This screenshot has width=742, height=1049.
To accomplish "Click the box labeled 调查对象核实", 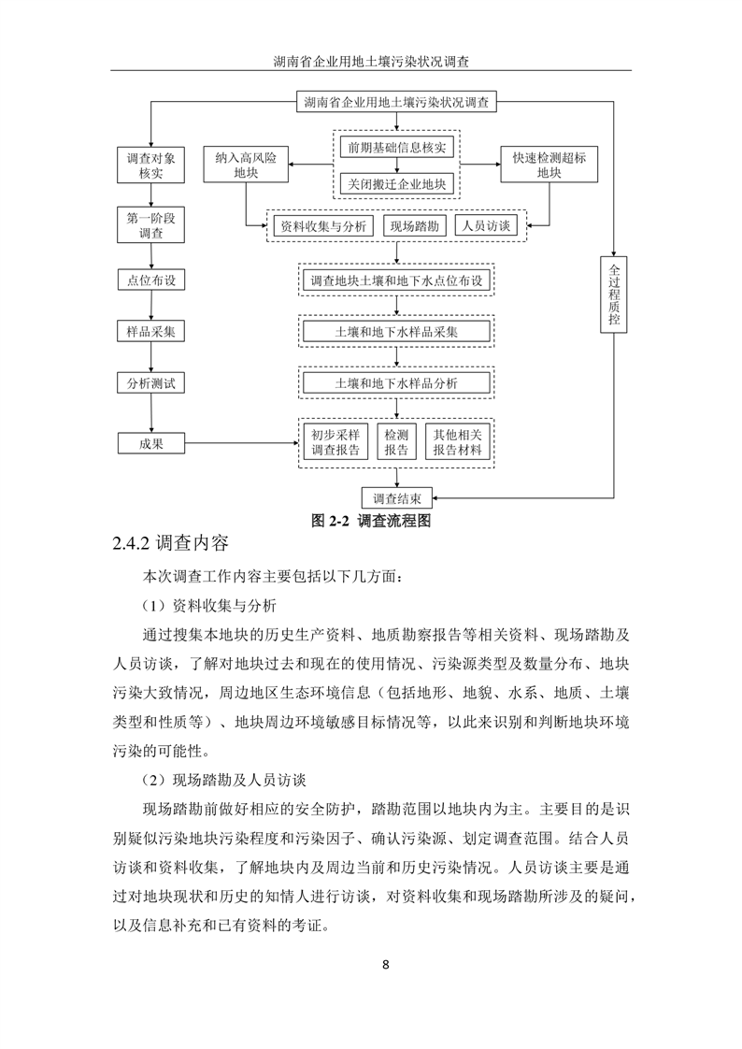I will click(x=151, y=165).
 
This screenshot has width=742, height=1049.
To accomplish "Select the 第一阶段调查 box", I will click(x=151, y=226).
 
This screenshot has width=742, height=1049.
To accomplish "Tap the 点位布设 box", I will click(x=151, y=280).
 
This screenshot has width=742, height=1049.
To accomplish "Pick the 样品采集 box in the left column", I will click(x=151, y=332).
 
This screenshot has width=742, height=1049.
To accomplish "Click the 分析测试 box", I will click(x=151, y=383).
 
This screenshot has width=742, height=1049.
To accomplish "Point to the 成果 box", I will click(x=151, y=443).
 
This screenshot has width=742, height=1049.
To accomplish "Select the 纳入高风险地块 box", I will click(x=246, y=165).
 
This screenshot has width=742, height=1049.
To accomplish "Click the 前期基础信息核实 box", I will click(x=396, y=148).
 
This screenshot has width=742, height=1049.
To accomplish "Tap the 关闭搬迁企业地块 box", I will click(x=396, y=183).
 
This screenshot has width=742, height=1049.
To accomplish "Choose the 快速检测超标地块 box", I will click(x=549, y=165).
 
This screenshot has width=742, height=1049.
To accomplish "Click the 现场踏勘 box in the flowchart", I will click(x=414, y=226).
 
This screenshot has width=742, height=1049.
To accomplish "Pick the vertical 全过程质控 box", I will click(x=613, y=293).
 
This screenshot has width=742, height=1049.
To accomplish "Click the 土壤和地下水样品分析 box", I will click(x=396, y=383).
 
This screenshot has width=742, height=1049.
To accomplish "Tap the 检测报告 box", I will click(x=396, y=443).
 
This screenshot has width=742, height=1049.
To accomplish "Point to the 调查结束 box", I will click(x=396, y=497).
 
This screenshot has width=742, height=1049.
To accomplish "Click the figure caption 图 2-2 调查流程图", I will click(x=370, y=521).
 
